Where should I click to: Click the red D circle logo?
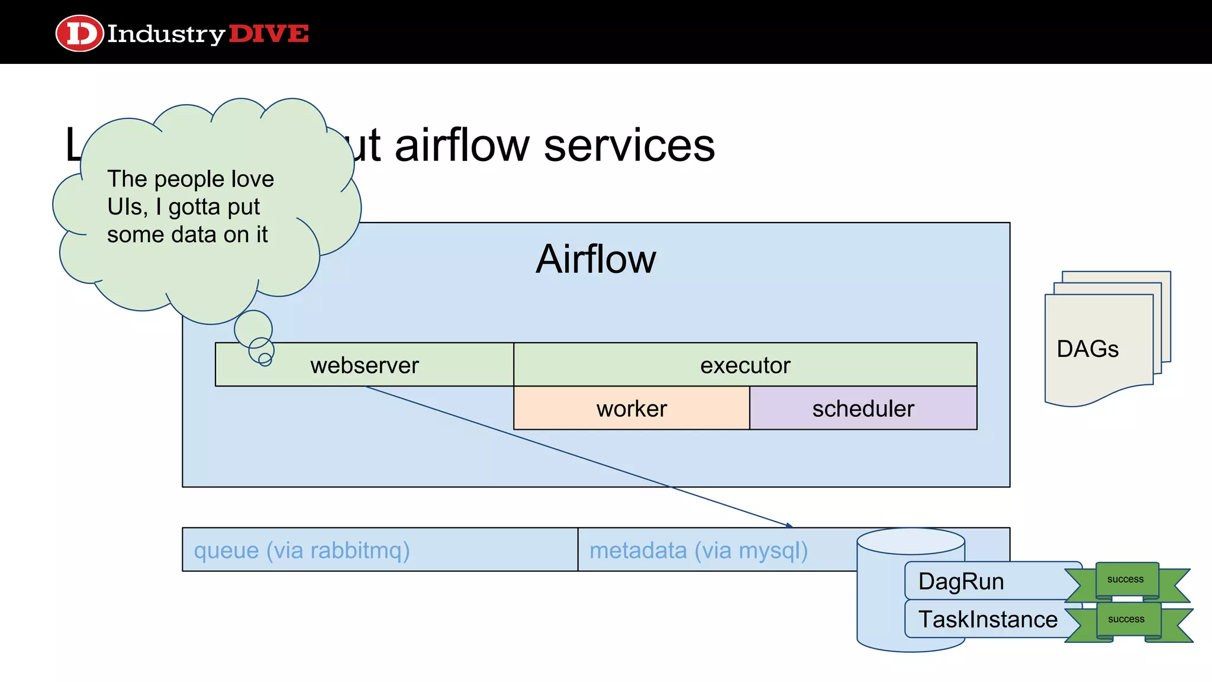coord(79,33)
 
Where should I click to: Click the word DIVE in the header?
coord(269,34)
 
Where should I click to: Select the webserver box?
coord(364,365)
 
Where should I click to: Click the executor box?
coord(744,365)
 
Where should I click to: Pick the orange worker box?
coord(631,408)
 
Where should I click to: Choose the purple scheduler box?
coord(863,408)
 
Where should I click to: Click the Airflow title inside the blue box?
coord(595,259)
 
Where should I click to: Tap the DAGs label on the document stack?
coord(1087,349)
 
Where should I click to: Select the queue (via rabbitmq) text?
coord(302,550)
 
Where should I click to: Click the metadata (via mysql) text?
coord(698,550)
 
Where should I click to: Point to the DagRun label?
coord(960,581)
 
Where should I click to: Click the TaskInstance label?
coord(988,619)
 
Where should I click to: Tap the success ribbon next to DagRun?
coord(1126,580)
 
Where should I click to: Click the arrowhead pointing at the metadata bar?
coord(789,525)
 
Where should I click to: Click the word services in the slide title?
coord(629,146)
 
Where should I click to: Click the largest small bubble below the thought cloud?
coord(253,329)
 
